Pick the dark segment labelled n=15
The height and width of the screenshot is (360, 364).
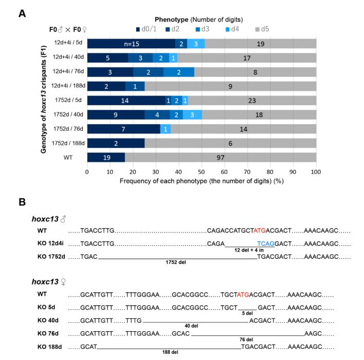click(131, 44)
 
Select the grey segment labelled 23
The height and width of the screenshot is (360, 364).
click(252, 100)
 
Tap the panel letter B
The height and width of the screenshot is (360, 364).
click(22, 202)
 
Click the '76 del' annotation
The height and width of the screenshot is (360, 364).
click(246, 339)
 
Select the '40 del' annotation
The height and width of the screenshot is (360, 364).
click(194, 325)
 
